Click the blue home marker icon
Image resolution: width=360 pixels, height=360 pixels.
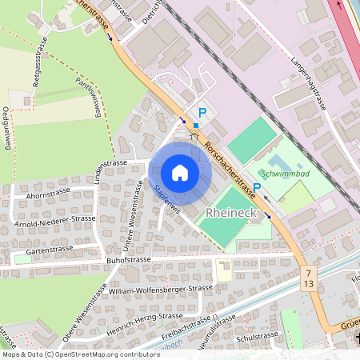click(180, 172)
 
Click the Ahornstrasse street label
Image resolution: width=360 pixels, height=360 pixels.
click(50, 194)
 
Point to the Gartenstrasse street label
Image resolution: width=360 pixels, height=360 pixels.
click(49, 250)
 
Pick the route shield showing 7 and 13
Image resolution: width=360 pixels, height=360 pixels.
click(308, 279)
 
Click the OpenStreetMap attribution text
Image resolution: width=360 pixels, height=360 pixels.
click(80, 354)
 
